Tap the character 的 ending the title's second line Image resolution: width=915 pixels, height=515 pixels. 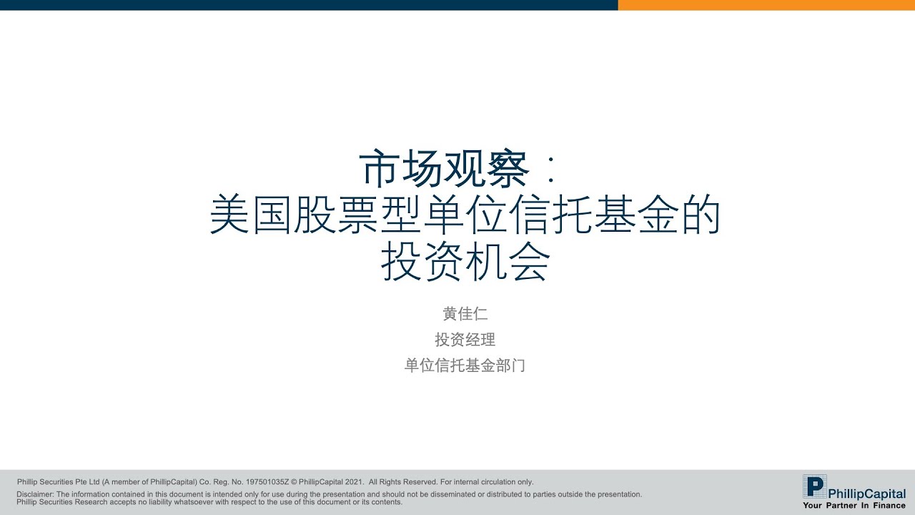tap(700, 217)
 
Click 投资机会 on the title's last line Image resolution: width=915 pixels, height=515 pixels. tap(465, 264)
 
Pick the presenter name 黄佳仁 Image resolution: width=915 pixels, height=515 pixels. tap(465, 314)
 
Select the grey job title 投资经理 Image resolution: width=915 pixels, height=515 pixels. tap(465, 340)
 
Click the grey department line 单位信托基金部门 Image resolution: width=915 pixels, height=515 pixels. tap(465, 366)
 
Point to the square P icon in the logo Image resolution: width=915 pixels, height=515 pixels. tap(814, 486)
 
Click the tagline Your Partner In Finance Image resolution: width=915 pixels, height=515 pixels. tap(854, 505)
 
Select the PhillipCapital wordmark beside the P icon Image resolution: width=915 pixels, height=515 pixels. tap(867, 494)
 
